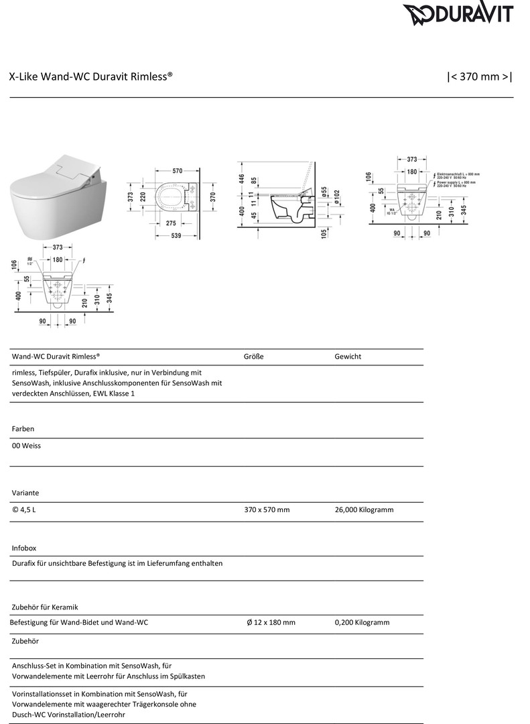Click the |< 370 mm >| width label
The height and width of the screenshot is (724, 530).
tap(479, 77)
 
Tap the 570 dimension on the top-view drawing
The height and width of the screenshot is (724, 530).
tap(177, 171)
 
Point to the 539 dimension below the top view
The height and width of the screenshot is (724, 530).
tap(177, 235)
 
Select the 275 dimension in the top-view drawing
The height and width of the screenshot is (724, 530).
tap(171, 223)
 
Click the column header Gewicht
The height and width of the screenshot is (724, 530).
tap(348, 357)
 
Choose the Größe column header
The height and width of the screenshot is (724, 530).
tap(253, 357)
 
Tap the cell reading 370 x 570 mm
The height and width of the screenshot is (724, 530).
tap(267, 509)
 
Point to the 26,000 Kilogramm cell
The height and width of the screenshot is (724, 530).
tap(364, 509)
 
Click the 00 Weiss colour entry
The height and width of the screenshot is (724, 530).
tap(26, 445)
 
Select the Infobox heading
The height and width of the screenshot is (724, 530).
tap(24, 548)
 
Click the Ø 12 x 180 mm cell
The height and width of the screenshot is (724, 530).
tap(271, 622)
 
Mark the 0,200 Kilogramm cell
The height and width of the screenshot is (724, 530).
tap(362, 622)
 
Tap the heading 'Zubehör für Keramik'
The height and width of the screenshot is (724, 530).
tap(45, 607)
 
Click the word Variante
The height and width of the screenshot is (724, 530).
tap(26, 493)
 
